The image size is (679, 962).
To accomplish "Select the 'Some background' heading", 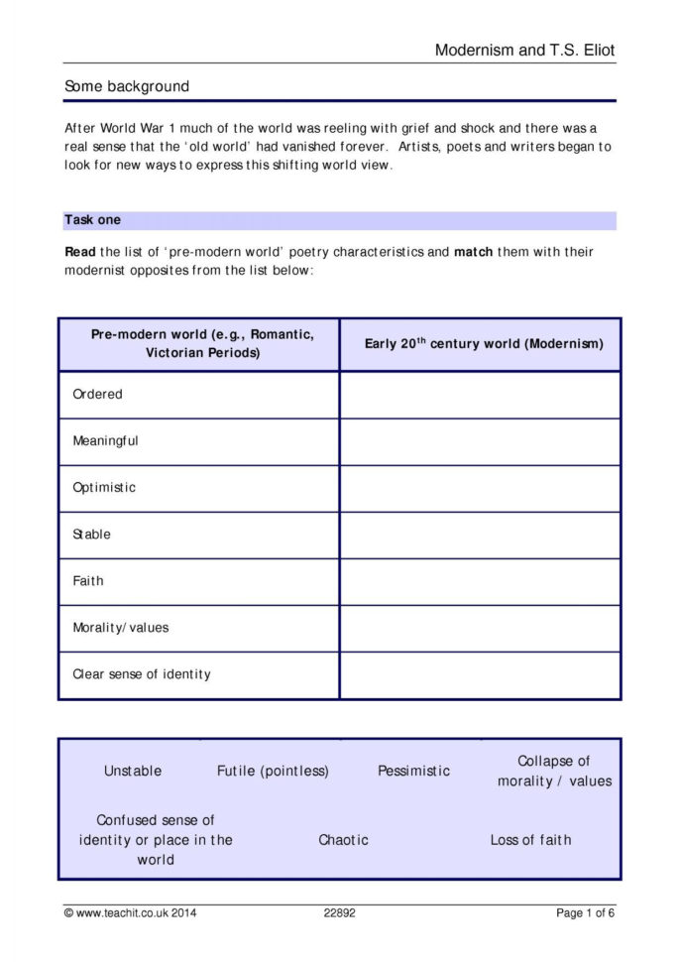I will point(126,86).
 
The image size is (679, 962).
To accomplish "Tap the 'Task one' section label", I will point(92,220).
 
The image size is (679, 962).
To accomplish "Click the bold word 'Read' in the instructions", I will point(80,252).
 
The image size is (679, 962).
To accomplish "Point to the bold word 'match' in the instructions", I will point(473,252).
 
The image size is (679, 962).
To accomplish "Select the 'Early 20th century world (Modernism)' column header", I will point(484,344).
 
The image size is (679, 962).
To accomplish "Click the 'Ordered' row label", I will point(97,394).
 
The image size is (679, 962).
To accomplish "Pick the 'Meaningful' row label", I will point(105,440).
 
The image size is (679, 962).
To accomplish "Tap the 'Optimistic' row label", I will point(104,487).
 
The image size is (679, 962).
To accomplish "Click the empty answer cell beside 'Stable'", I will point(480,535).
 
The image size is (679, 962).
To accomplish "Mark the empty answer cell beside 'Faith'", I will point(480,581).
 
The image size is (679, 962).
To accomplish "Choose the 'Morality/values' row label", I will point(121,628).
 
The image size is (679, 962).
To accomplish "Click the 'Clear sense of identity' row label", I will point(142,674).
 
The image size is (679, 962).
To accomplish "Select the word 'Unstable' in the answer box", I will point(133,771).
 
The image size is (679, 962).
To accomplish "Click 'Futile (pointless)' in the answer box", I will point(273,771).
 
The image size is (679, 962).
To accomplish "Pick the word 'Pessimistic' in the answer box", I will point(413,771).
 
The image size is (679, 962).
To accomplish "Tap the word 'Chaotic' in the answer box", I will point(343,840).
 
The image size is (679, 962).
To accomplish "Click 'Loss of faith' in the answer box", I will point(530,840).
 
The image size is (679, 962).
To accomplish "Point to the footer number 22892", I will point(339,912).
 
